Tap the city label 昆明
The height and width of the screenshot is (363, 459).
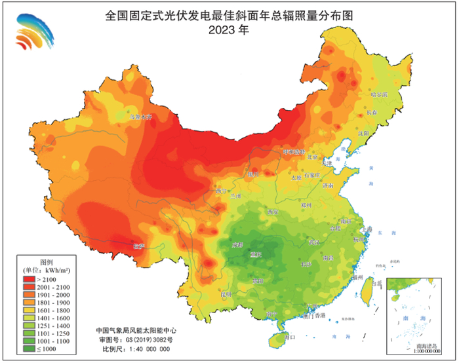(x=226, y=294)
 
